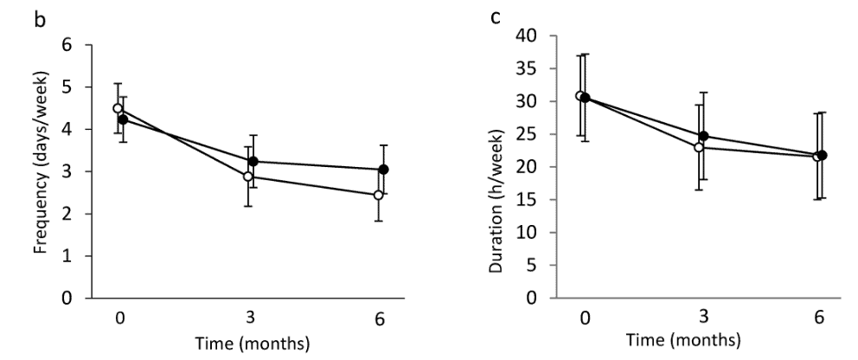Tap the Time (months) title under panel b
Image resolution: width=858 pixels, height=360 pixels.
tap(252, 344)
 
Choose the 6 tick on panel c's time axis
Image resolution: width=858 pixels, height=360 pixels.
tap(818, 317)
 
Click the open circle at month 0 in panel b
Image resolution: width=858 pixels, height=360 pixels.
tap(118, 108)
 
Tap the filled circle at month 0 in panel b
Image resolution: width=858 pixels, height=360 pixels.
tap(123, 119)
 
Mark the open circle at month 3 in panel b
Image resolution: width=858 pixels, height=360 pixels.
tap(248, 177)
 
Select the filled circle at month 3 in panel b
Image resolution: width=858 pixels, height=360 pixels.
tap(253, 161)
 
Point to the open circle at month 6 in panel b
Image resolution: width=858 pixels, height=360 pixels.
tap(378, 195)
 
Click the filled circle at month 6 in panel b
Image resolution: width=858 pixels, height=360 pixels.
tap(383, 170)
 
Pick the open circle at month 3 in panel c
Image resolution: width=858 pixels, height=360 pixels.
tap(698, 147)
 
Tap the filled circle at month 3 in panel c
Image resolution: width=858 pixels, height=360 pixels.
tap(703, 136)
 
